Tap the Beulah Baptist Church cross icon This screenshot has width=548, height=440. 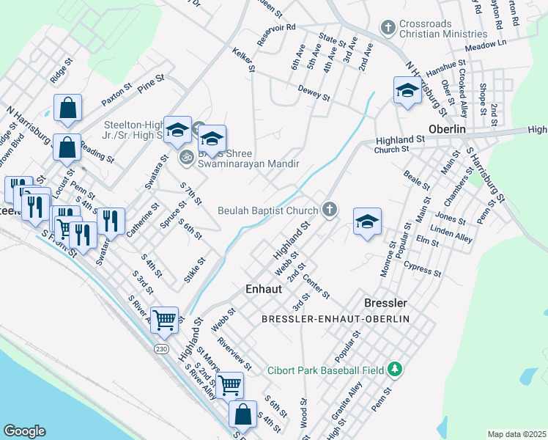point(330,210)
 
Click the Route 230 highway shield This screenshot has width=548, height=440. point(160,349)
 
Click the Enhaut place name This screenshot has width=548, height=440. point(263,289)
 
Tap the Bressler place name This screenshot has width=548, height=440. point(385,302)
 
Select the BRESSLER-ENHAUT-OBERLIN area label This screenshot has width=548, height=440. point(335,319)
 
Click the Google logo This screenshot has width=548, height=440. point(24,431)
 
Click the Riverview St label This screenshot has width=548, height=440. point(234,355)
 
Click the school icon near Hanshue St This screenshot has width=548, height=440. point(407,91)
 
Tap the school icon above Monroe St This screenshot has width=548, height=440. point(366,222)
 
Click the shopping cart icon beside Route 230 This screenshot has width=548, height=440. point(165,319)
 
